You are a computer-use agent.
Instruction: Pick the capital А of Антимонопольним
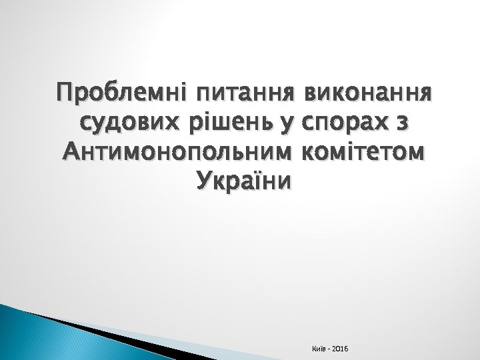pyautogui.click(x=68, y=153)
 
